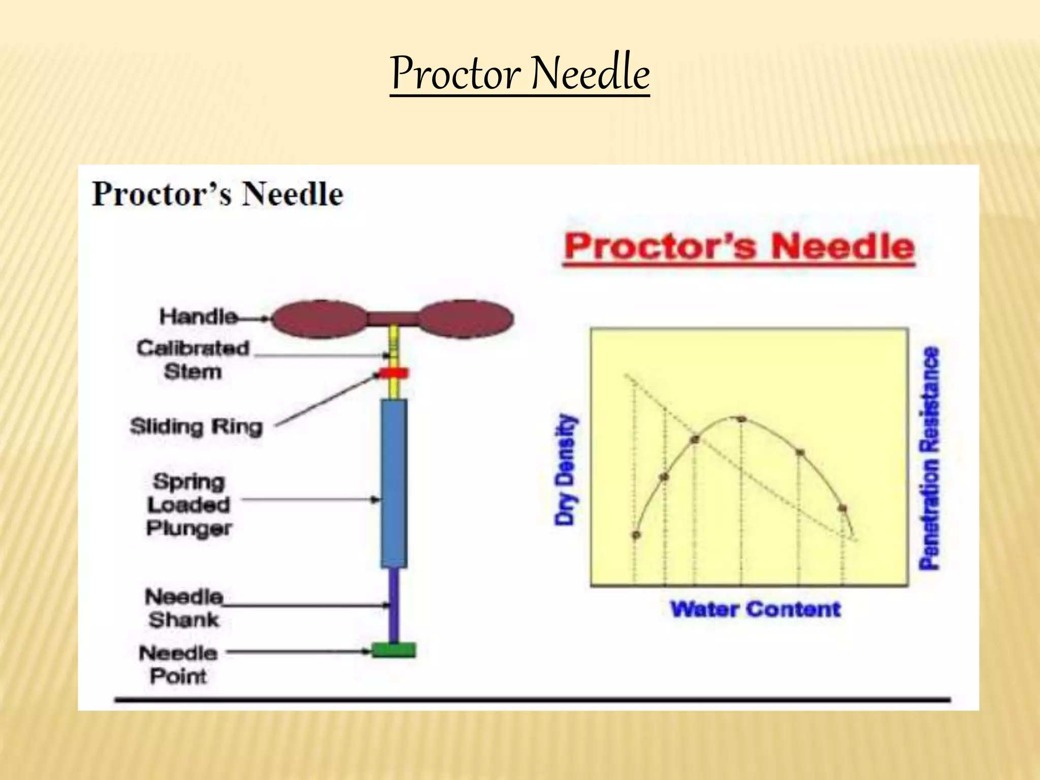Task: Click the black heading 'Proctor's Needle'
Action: tap(217, 194)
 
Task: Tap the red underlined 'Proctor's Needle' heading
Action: tap(739, 247)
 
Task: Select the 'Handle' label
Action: tap(198, 316)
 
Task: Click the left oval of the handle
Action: tap(319, 319)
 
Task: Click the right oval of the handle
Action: tap(466, 319)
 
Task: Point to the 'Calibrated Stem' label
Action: tap(193, 360)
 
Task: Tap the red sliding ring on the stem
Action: tap(394, 374)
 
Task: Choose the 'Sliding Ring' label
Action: tap(197, 427)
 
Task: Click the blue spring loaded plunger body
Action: tap(394, 482)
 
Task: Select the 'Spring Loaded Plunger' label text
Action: tap(189, 505)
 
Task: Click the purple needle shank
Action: tap(394, 604)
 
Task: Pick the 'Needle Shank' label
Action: tap(184, 608)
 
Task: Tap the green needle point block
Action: tap(394, 650)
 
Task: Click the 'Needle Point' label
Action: tap(178, 664)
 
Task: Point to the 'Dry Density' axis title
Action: tap(566, 469)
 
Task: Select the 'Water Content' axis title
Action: tap(755, 609)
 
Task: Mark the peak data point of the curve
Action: tap(741, 419)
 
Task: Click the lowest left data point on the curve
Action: tap(636, 535)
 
